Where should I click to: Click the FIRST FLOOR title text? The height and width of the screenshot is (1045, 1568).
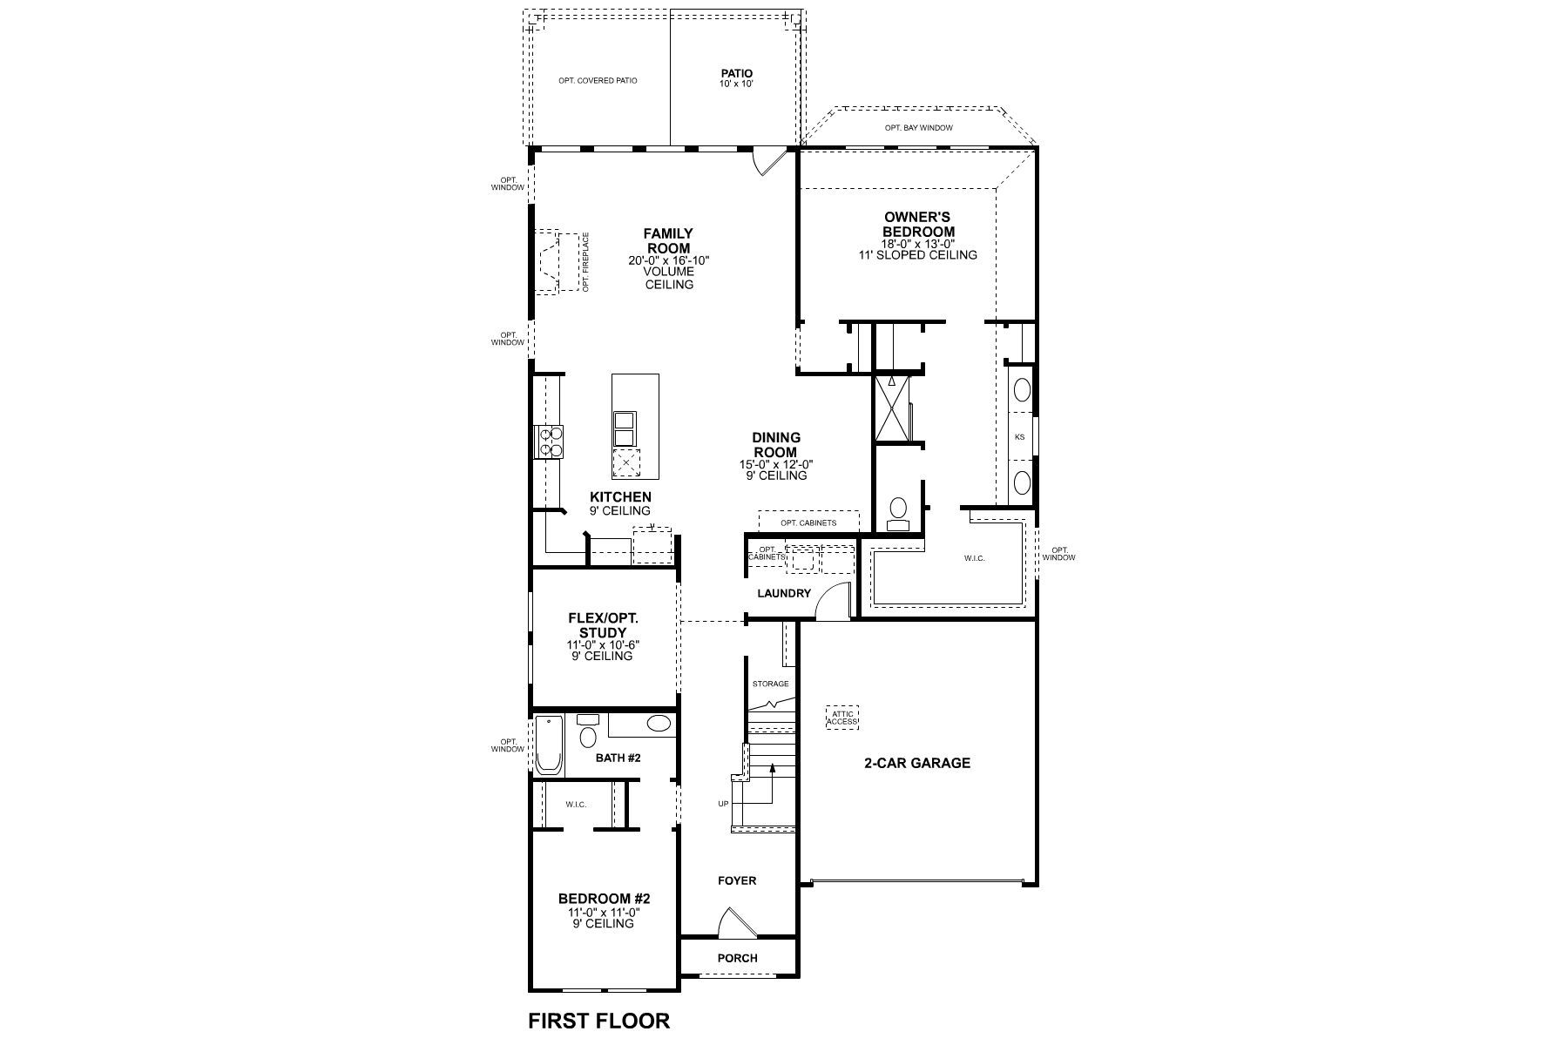coord(599,1020)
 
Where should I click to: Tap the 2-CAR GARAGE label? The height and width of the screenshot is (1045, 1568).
coord(917,763)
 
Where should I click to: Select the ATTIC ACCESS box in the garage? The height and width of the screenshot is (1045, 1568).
coord(841,718)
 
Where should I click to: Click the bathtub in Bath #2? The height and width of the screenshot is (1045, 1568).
coord(549,745)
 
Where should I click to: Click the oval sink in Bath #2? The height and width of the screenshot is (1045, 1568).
coord(659,723)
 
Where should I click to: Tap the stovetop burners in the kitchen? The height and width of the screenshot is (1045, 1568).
coord(550,441)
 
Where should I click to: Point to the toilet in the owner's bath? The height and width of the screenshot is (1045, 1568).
coord(896,512)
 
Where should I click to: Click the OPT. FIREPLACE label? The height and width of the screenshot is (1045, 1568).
coord(586,261)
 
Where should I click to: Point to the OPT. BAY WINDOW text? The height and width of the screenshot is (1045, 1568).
coord(918,128)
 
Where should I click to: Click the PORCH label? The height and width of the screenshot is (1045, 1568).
coord(737,958)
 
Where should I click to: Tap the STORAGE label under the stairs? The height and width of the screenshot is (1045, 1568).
coord(770,684)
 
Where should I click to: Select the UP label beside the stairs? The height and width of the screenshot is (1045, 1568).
coord(723,804)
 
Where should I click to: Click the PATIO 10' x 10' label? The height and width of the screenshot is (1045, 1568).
coord(737,78)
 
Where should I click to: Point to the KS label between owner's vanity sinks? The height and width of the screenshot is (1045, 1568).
coord(1019,436)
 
